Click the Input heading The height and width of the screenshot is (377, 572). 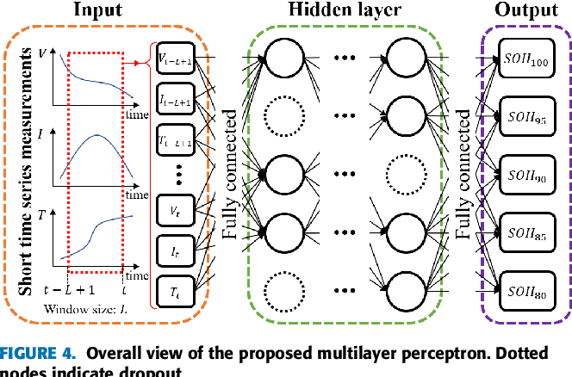point(97,11)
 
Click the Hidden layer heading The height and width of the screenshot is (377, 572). point(350,11)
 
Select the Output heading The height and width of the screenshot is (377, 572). point(524,11)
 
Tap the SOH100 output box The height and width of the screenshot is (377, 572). point(525,62)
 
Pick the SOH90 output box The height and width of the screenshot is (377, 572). point(525,175)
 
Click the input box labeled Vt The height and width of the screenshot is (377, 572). point(176,209)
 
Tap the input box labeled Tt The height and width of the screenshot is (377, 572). point(176,292)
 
